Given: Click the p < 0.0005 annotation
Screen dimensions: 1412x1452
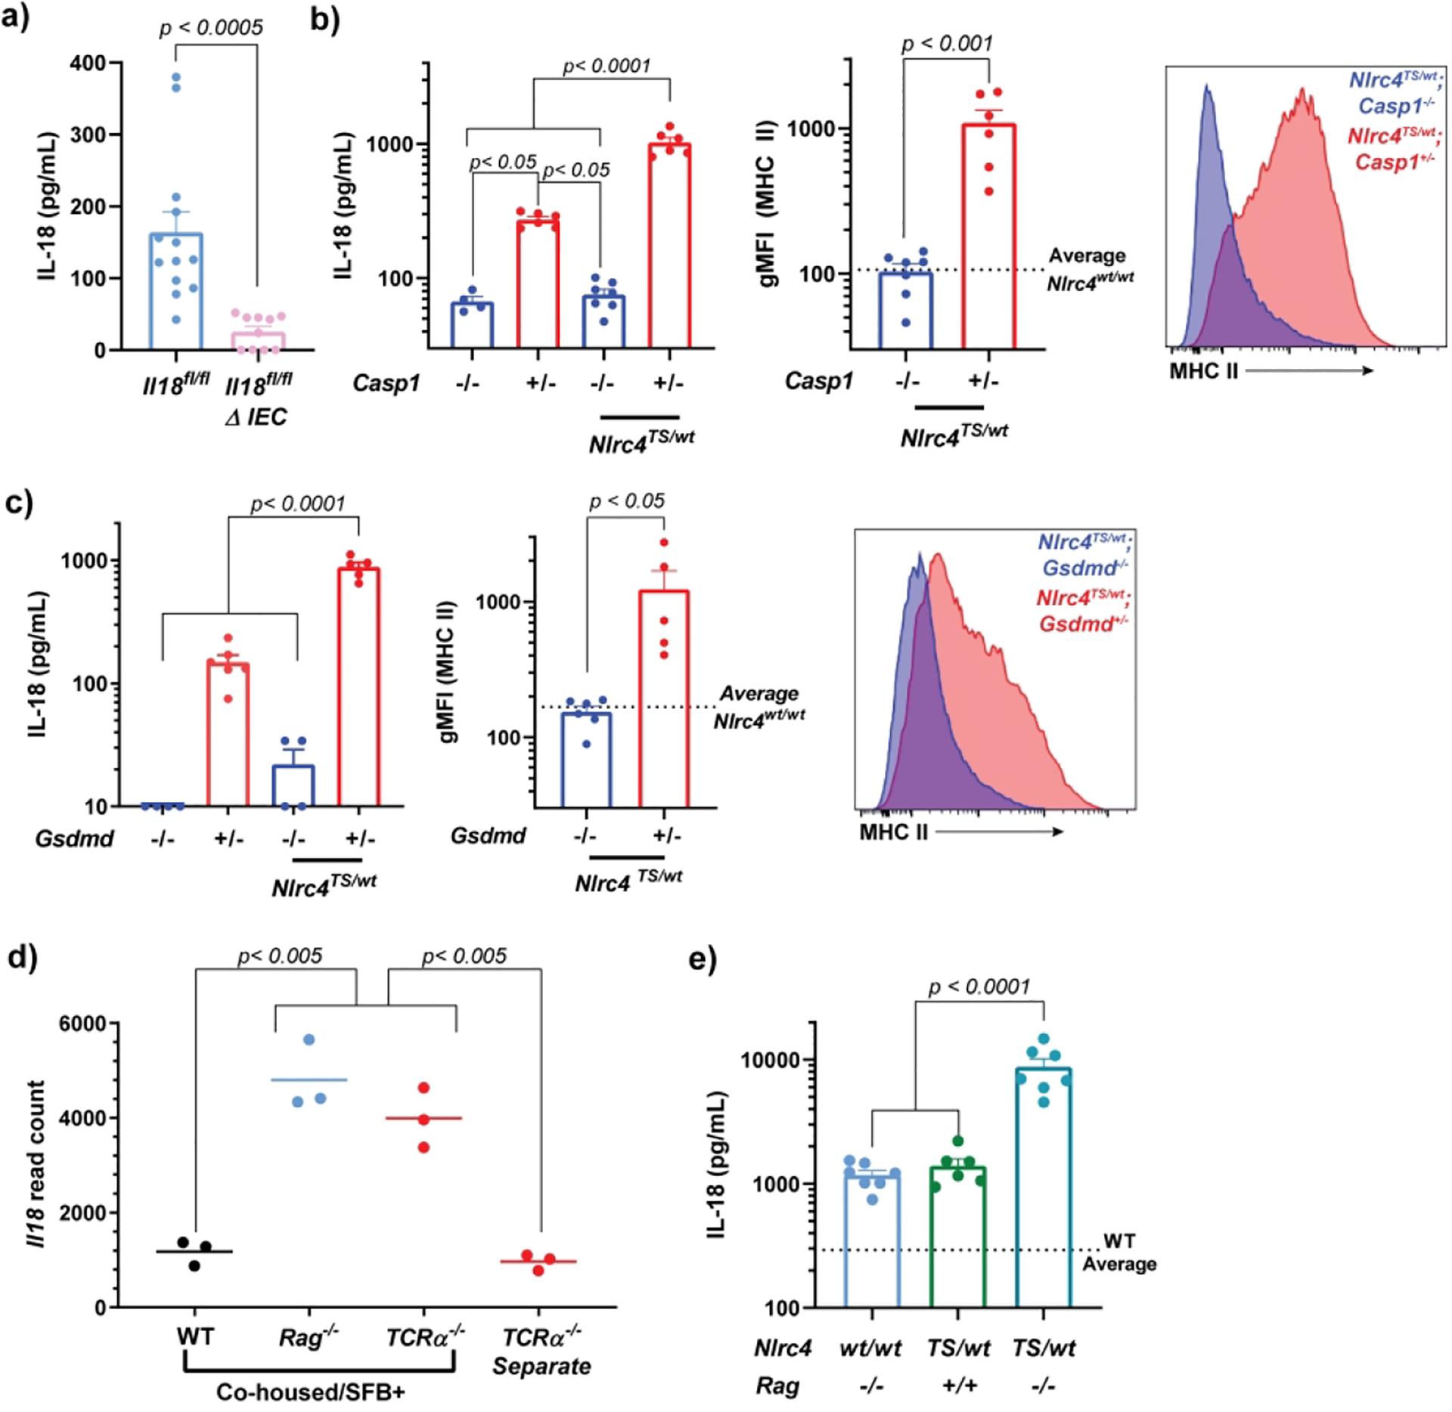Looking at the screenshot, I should coord(211,28).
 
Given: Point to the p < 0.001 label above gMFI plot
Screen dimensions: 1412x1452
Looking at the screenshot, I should coord(947,44).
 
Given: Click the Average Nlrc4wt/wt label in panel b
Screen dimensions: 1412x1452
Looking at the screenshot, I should coord(1089,268).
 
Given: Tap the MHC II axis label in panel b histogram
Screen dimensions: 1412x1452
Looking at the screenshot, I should coord(1203,371).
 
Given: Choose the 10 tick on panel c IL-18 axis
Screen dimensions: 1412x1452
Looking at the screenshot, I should coord(95,807).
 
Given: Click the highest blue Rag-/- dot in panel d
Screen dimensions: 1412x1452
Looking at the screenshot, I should coord(309,1040).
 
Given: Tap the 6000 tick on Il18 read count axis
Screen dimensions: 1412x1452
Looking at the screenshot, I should coord(84,1023).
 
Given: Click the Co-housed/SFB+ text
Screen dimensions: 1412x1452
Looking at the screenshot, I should coord(309,1392).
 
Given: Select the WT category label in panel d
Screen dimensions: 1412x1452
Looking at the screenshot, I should coord(195,1336).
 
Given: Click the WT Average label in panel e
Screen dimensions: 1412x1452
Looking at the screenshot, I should coord(1118,1253).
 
